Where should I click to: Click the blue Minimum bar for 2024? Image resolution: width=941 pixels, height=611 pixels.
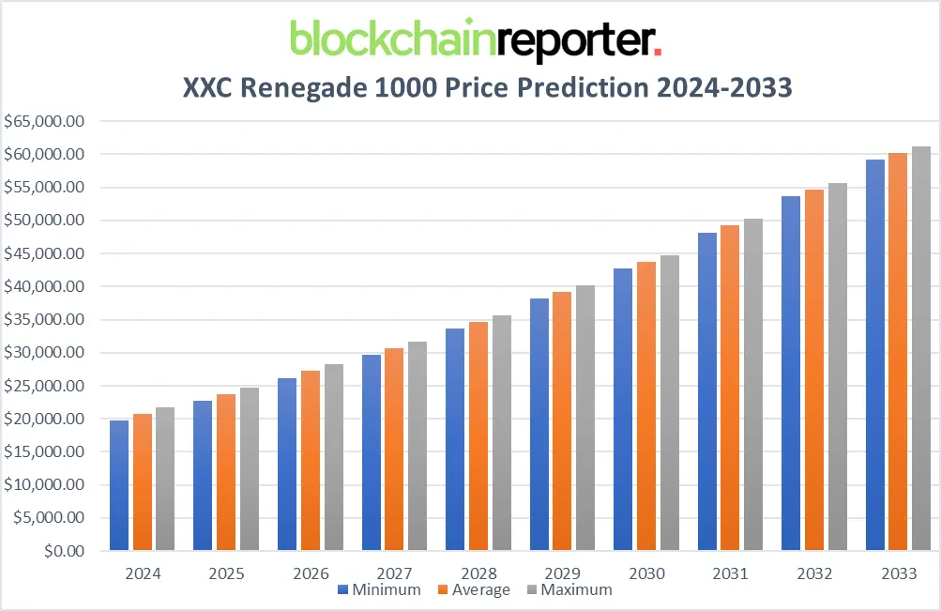[x=119, y=485]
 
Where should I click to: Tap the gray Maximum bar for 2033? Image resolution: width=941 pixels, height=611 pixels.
[x=921, y=348]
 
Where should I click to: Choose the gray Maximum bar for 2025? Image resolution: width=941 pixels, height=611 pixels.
[x=250, y=468]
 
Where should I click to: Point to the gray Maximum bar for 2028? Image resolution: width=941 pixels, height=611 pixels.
[x=502, y=433]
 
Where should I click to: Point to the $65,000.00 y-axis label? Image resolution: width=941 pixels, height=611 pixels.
[x=45, y=121]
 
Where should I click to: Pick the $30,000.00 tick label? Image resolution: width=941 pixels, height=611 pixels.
[x=45, y=353]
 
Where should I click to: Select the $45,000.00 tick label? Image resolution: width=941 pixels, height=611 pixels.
[x=45, y=253]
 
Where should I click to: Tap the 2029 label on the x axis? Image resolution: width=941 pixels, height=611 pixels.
[x=563, y=573]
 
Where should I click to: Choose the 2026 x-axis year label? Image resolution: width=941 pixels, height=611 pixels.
[x=311, y=573]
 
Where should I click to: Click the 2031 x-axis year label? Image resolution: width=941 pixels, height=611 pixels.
[x=731, y=573]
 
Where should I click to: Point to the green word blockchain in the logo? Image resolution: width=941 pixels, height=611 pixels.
[x=392, y=39]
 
